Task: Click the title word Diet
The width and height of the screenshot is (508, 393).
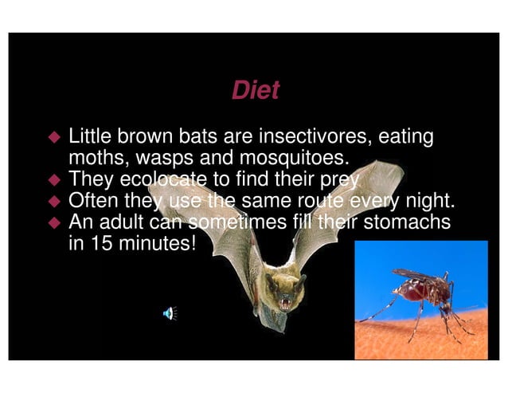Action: pos(255,90)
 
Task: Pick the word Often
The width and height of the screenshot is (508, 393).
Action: pos(94,198)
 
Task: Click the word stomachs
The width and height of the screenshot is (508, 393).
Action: pos(407,220)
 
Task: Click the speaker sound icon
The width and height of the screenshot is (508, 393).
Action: pos(169,312)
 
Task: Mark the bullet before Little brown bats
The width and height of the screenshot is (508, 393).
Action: pos(55,137)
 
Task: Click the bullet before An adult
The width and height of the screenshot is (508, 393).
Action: pos(55,221)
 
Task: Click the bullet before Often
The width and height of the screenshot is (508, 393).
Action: pos(55,199)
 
